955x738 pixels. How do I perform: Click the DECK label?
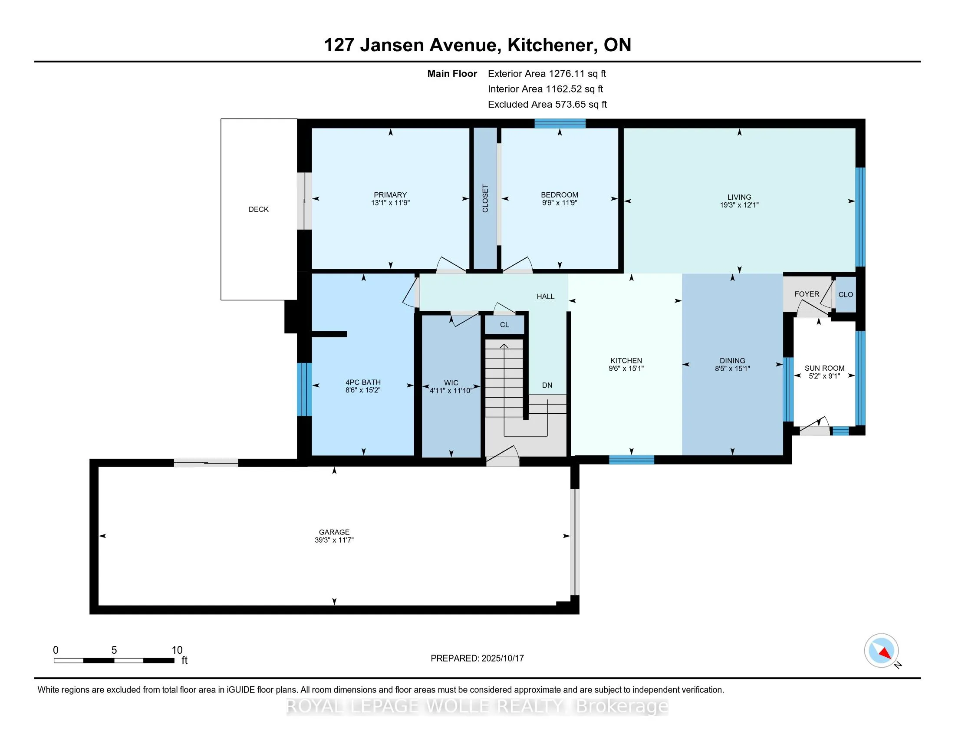pyautogui.click(x=258, y=209)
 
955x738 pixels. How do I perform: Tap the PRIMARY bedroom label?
pyautogui.click(x=390, y=195)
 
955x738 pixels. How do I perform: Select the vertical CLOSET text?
pyautogui.click(x=485, y=198)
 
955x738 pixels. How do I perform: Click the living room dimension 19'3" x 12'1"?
pyautogui.click(x=739, y=205)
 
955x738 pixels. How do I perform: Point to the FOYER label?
pyautogui.click(x=807, y=294)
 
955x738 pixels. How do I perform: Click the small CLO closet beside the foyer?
pyautogui.click(x=845, y=295)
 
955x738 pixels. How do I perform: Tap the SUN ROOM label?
pyautogui.click(x=824, y=368)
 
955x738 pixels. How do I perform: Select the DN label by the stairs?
pyautogui.click(x=547, y=385)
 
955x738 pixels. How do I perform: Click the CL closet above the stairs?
pyautogui.click(x=504, y=325)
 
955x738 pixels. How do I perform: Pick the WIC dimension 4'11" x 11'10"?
pyautogui.click(x=451, y=390)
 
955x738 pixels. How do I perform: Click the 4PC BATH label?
pyautogui.click(x=363, y=382)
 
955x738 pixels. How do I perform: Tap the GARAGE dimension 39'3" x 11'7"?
pyautogui.click(x=334, y=540)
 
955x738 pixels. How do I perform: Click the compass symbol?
pyautogui.click(x=881, y=650)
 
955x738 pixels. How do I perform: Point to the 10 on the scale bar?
pyautogui.click(x=177, y=650)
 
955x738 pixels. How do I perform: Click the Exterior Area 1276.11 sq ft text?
pyautogui.click(x=547, y=74)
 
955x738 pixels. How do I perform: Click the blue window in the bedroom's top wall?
pyautogui.click(x=560, y=124)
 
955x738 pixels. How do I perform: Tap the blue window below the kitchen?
pyautogui.click(x=632, y=459)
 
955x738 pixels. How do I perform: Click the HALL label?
pyautogui.click(x=545, y=297)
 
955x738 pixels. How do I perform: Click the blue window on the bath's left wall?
pyautogui.click(x=304, y=389)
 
